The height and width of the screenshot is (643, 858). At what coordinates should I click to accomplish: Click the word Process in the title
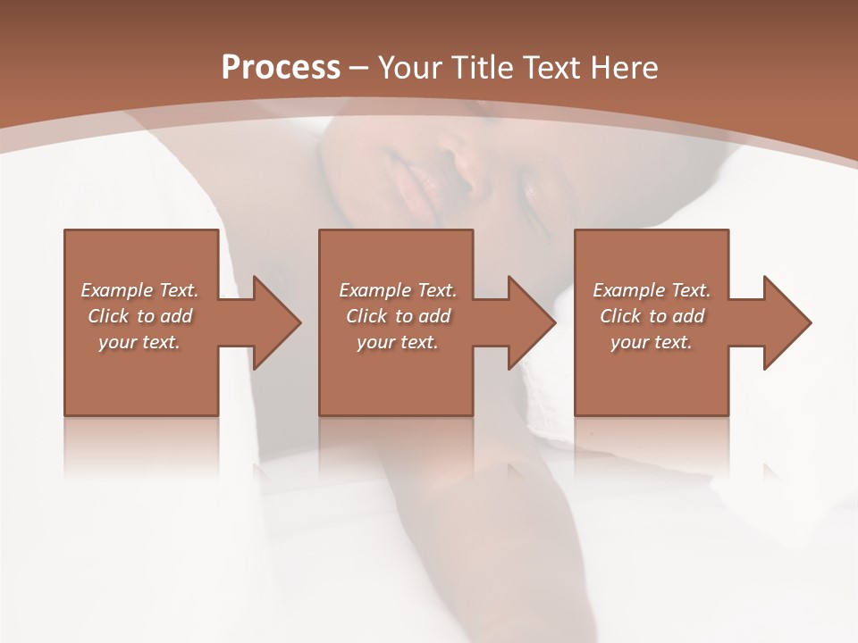(x=281, y=68)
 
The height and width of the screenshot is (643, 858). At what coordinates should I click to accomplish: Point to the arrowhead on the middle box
(x=526, y=322)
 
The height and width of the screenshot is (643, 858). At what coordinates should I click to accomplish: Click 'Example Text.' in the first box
(x=139, y=290)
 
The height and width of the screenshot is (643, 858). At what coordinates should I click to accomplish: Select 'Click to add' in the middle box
(x=398, y=316)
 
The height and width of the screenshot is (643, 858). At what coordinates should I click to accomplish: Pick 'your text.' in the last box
(x=651, y=342)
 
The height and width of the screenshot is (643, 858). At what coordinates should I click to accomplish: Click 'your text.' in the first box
(x=139, y=342)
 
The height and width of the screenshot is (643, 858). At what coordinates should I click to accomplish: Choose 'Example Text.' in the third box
(x=651, y=290)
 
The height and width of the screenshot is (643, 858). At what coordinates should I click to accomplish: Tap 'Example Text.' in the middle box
(x=398, y=290)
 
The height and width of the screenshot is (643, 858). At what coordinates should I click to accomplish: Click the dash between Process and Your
(x=359, y=69)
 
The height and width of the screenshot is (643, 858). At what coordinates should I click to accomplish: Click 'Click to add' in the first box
(x=139, y=316)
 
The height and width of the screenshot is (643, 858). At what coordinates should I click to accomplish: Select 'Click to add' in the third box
(x=651, y=316)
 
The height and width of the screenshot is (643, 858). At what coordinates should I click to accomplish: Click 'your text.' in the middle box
(x=398, y=342)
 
